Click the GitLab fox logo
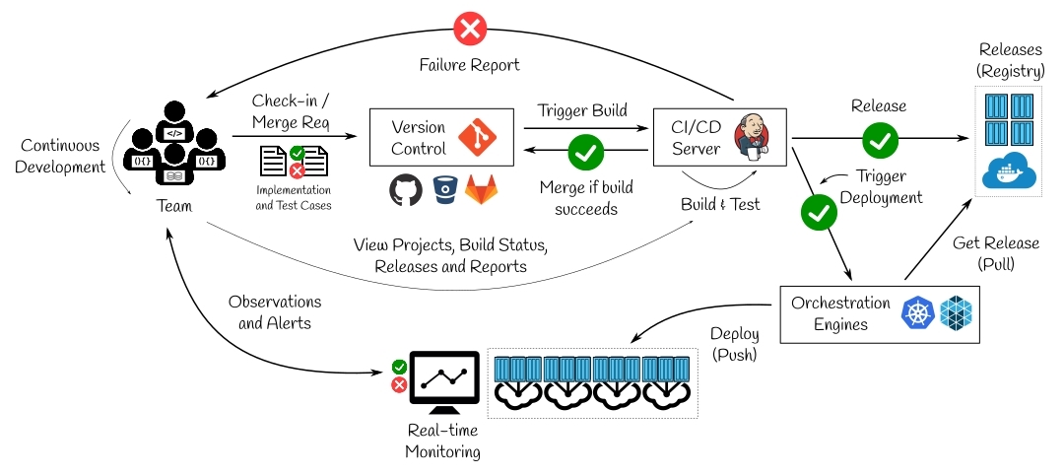[481, 190]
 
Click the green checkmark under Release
[879, 141]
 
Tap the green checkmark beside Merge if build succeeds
[586, 153]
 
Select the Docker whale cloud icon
[1008, 173]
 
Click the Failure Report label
[470, 64]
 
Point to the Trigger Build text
[581, 109]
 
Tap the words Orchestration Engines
[840, 312]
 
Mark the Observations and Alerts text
[274, 311]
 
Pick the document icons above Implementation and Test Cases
[294, 161]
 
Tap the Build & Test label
[720, 204]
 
